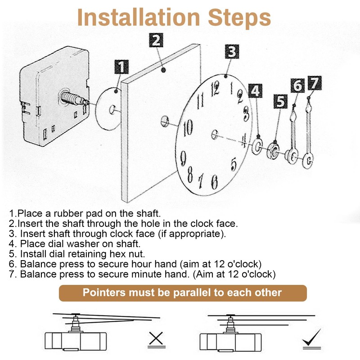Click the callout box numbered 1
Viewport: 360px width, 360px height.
[120, 68]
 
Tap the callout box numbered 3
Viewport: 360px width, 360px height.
[231, 51]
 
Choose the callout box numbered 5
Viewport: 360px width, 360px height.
[281, 102]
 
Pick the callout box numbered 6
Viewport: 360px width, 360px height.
[297, 85]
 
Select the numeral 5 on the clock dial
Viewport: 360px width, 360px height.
[234, 162]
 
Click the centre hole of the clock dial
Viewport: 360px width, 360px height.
[214, 134]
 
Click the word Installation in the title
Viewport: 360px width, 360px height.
[139, 18]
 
